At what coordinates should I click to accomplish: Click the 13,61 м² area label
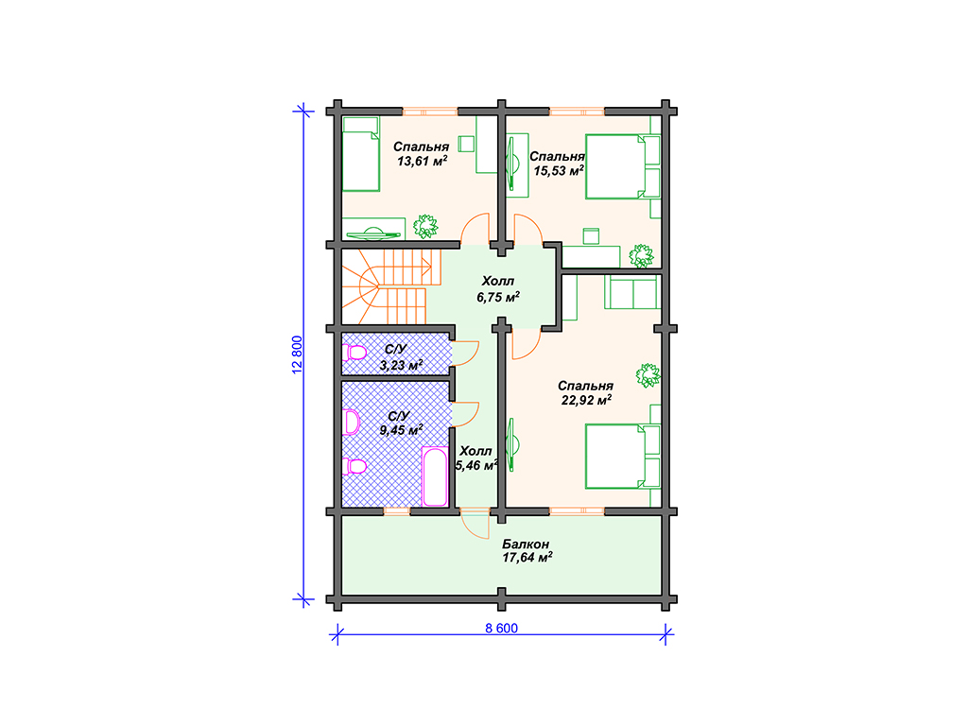pyautogui.click(x=422, y=162)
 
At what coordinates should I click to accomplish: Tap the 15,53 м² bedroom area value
pyautogui.click(x=559, y=171)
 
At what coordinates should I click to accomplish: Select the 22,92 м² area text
pyautogui.click(x=586, y=400)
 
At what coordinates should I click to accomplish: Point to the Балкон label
pyautogui.click(x=526, y=544)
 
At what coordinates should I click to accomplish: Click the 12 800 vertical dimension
pyautogui.click(x=297, y=354)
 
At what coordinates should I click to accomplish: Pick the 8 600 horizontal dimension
pyautogui.click(x=501, y=629)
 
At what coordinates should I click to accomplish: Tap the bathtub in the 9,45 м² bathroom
pyautogui.click(x=435, y=476)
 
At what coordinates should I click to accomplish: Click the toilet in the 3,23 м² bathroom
pyautogui.click(x=355, y=354)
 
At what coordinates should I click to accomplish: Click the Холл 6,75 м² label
pyautogui.click(x=497, y=289)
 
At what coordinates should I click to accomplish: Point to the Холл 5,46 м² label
pyautogui.click(x=476, y=458)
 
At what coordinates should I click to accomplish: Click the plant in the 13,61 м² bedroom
pyautogui.click(x=425, y=226)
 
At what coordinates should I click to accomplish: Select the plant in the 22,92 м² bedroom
pyautogui.click(x=648, y=374)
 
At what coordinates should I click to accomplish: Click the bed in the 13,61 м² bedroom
pyautogui.click(x=361, y=154)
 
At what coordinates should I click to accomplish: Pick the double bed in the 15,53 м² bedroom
pyautogui.click(x=623, y=166)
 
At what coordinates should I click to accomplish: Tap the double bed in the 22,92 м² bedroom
pyautogui.click(x=623, y=457)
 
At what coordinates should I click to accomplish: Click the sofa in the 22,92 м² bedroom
pyautogui.click(x=632, y=292)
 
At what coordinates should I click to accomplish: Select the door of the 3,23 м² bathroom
pyautogui.click(x=465, y=354)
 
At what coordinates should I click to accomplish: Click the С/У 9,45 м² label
pyautogui.click(x=401, y=423)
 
